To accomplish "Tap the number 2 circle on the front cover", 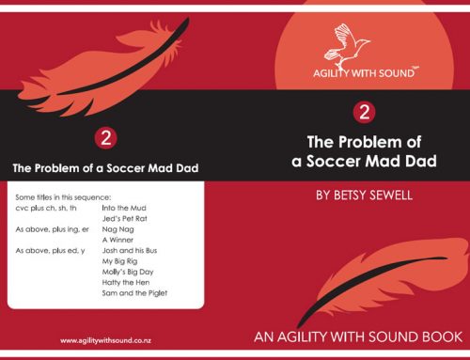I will tap(363, 114).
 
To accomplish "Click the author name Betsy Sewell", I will tap(363, 196).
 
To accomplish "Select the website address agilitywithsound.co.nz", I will tap(107, 339).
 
